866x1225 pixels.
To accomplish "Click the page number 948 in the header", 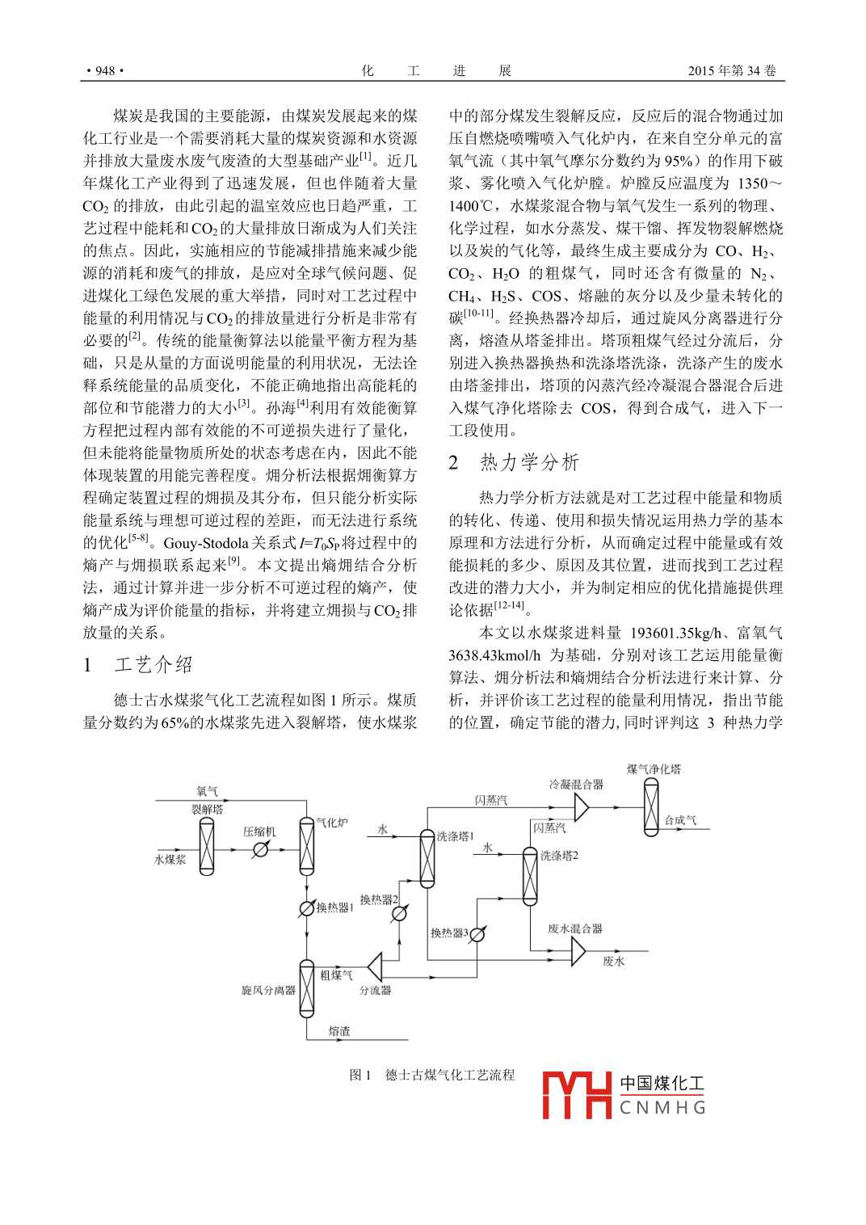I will [105, 71].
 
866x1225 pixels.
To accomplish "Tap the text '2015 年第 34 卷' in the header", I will [731, 71].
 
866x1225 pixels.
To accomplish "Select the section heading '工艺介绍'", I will [153, 665].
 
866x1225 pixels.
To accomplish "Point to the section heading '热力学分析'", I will [529, 462].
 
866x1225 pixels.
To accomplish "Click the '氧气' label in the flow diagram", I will [207, 791].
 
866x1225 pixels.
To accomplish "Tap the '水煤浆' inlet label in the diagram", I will [170, 860].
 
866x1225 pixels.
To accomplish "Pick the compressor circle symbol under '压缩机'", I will [260, 849].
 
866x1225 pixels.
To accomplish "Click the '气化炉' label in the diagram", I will [332, 823].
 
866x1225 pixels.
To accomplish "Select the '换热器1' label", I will [334, 907].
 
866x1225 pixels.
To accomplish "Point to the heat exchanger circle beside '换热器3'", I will [477, 934].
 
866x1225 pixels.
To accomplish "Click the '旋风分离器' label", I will [268, 990].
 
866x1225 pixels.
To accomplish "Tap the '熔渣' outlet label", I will [339, 1031].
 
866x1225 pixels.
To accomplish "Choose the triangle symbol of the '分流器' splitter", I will [375, 966].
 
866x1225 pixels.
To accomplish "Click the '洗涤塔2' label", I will [559, 855].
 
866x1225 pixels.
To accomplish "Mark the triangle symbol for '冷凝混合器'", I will [581, 806].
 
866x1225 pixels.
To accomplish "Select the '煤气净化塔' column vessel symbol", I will [651, 808].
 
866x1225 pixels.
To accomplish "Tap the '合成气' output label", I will [680, 820].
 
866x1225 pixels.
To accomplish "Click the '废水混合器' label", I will [575, 928].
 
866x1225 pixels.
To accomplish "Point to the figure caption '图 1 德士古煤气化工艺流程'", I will [432, 1075].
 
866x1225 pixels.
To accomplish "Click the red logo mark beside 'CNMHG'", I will [576, 1095].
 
